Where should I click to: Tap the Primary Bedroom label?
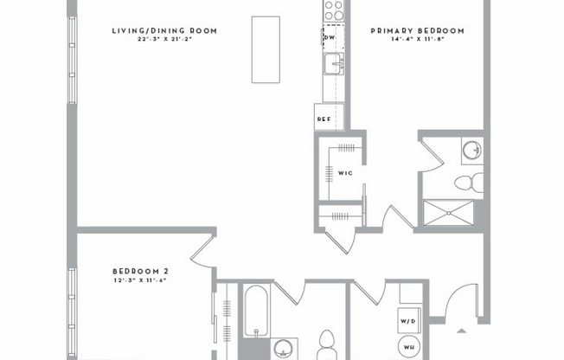[418, 31]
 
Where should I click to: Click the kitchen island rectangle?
[266, 49]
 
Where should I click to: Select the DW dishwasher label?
[330, 38]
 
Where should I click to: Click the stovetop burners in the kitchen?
[333, 10]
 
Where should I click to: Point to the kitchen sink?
[333, 62]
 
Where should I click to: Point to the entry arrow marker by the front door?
[462, 331]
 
